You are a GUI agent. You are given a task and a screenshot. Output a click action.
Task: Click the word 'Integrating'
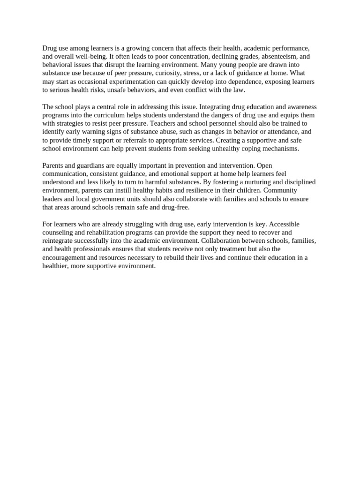tap(216, 107)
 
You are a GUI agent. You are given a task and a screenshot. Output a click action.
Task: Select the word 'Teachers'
tap(165, 124)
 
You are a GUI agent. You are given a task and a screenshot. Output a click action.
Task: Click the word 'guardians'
tap(82, 165)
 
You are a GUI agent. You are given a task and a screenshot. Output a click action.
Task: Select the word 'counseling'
tap(57, 233)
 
